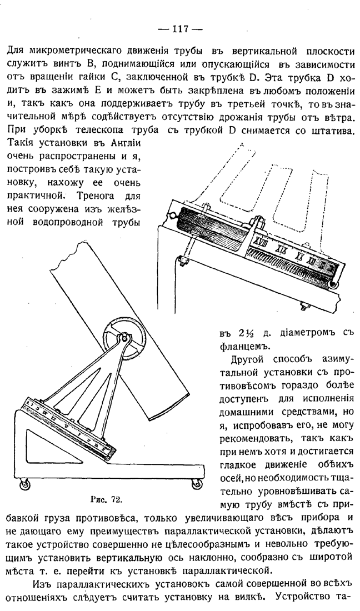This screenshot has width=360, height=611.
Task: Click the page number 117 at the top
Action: [180, 28]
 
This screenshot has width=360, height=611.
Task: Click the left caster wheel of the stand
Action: [25, 484]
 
